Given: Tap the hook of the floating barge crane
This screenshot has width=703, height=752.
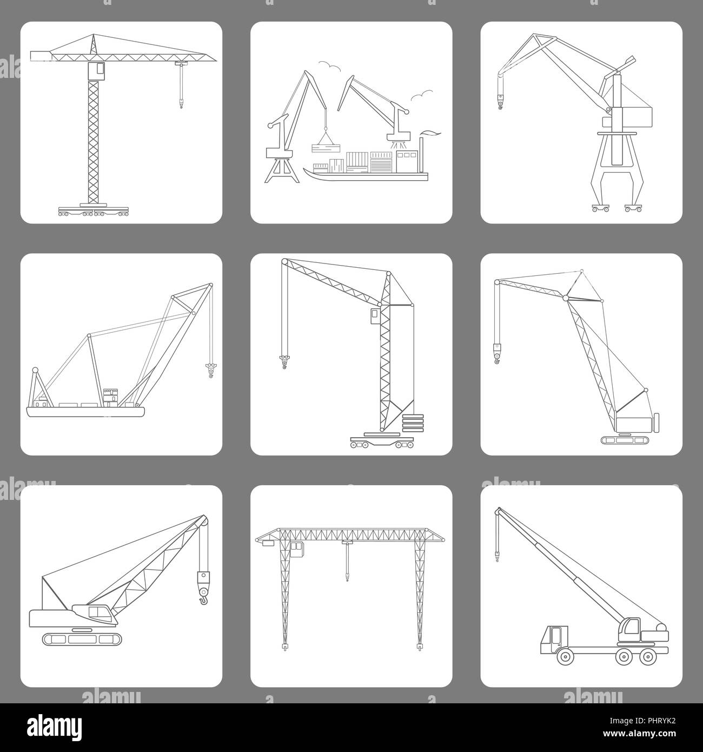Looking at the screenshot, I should (210, 371).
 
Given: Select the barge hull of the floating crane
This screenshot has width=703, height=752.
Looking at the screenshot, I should (85, 412).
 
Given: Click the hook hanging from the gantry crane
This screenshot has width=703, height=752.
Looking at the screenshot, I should (346, 577).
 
